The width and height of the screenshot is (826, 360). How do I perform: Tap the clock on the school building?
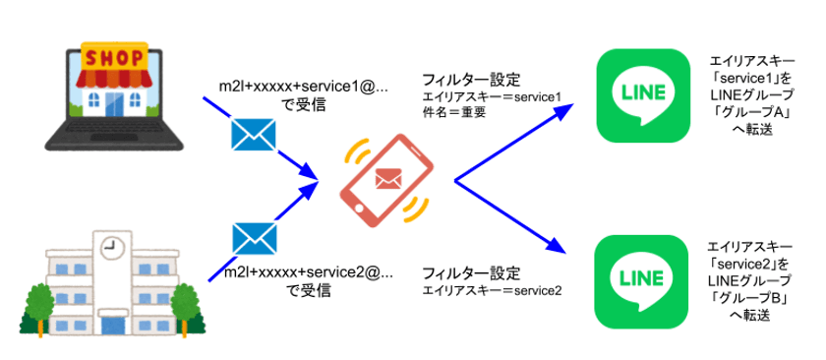(x=109, y=245)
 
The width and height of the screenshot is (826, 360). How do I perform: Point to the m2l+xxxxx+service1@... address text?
(x=303, y=88)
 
